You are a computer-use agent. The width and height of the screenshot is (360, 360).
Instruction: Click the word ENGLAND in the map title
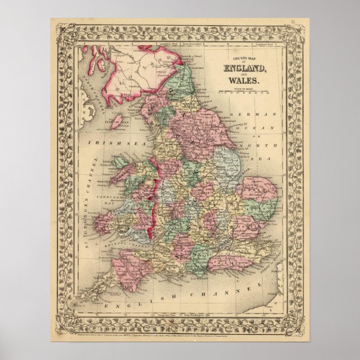245,68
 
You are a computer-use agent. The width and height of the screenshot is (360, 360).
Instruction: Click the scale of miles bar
244,92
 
